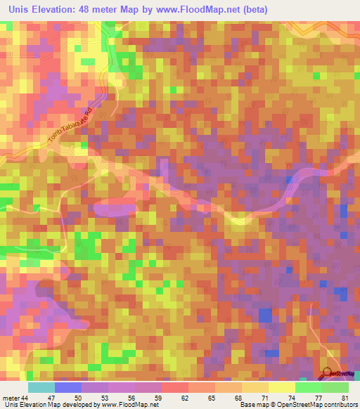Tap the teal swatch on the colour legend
(41, 387)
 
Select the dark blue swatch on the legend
(68, 387)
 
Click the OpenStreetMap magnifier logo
(327, 374)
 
